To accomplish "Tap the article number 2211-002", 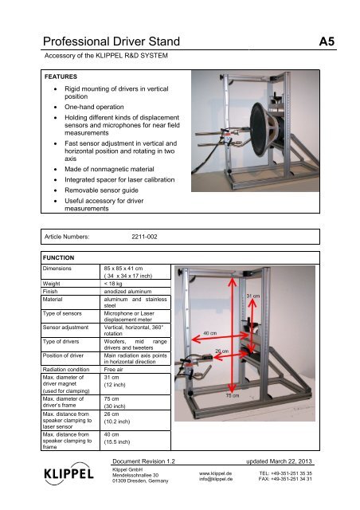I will coord(146,237).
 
